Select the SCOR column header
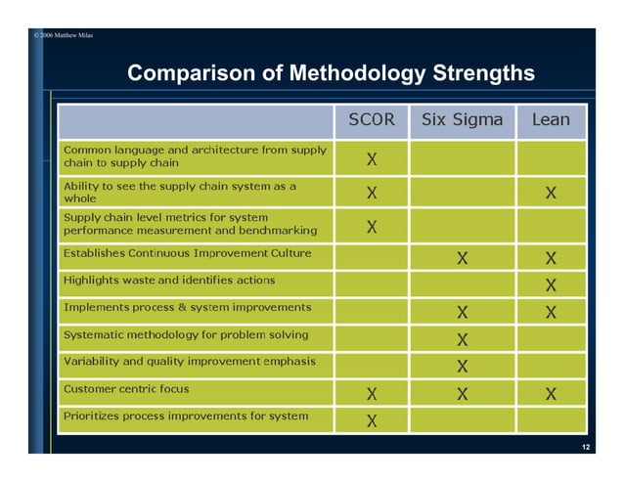373,120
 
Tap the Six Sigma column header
462,120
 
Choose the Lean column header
551,120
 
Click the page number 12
585,447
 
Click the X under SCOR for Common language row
373,158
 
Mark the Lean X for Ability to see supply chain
552,193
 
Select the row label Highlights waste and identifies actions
169,280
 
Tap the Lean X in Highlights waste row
552,285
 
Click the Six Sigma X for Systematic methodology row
462,340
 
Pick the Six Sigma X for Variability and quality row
462,367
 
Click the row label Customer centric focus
126,388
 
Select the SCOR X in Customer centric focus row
373,394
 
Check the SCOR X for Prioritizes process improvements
373,421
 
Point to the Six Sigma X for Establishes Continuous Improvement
462,259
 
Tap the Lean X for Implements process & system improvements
552,313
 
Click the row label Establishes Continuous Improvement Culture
187,253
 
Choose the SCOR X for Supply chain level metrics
373,227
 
